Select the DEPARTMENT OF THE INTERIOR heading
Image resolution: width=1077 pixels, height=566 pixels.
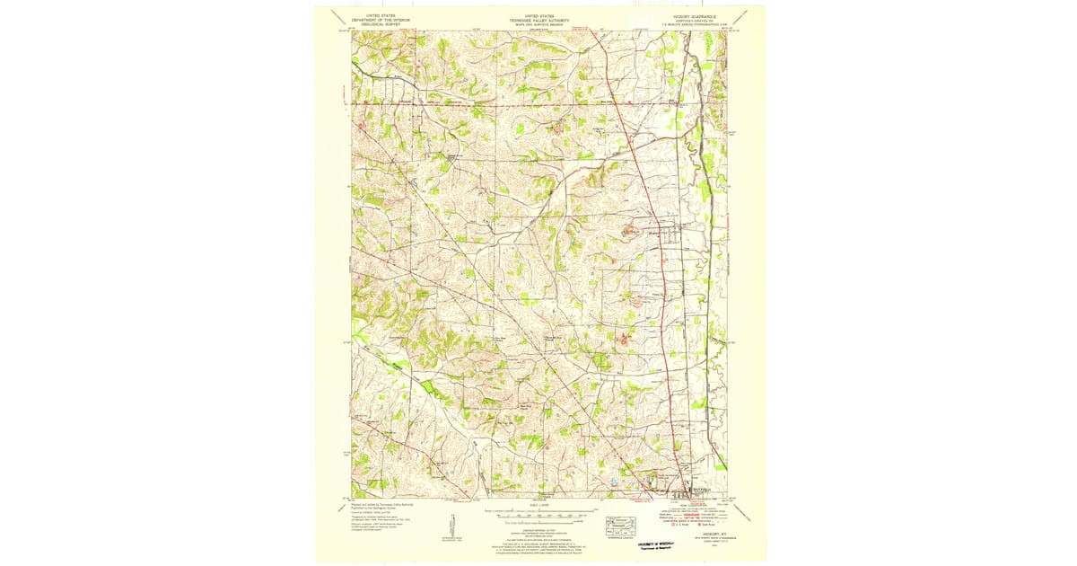(x=374, y=20)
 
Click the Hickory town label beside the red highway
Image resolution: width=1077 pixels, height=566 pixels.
(x=653, y=232)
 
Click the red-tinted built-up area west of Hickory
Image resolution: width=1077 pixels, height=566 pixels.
(x=630, y=232)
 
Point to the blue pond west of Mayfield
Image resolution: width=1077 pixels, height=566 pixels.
(x=613, y=482)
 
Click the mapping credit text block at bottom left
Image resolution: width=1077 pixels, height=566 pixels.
(x=377, y=514)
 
